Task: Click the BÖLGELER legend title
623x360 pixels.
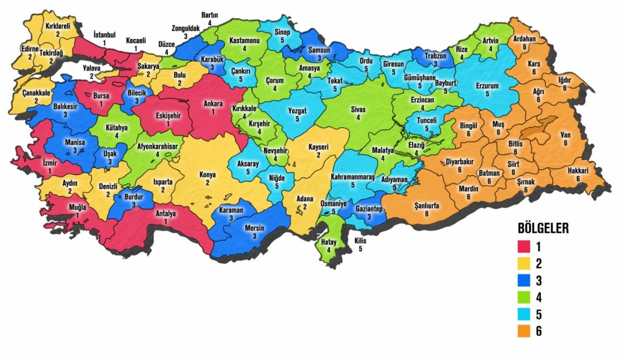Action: [x=543, y=229]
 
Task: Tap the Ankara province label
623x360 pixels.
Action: [x=213, y=104]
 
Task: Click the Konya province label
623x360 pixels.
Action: [x=208, y=175]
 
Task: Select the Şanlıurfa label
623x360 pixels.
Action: [x=426, y=206]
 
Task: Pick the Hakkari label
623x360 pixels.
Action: [x=578, y=171]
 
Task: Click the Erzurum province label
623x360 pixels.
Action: [x=487, y=86]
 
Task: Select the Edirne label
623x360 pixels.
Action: [x=29, y=49]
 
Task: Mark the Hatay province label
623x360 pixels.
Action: [x=329, y=242]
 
